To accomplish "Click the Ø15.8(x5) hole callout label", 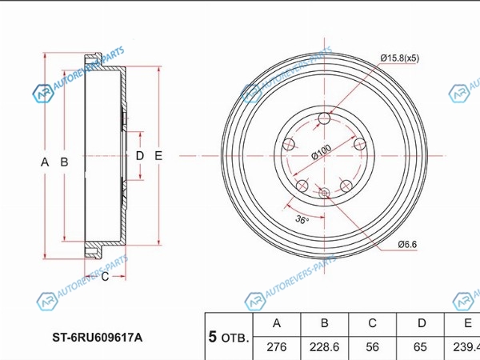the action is point(400,58).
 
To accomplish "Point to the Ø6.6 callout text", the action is point(407,244).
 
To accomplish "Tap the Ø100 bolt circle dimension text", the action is point(322,152).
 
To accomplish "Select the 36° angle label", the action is point(302,219).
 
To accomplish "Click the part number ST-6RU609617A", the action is point(98,338).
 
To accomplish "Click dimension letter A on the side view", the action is point(45,162).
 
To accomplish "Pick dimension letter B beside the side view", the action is point(64,162).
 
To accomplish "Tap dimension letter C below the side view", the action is point(105,277).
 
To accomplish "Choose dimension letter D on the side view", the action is point(139,156).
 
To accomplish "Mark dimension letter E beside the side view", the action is point(158,156).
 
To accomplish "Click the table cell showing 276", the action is point(277,347).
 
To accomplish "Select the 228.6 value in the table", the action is point(324,347).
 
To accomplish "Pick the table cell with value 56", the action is point(372,347).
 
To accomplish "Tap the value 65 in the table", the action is point(420,347).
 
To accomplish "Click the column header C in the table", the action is point(372,323).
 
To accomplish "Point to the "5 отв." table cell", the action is point(229,337).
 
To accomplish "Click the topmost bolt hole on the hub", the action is point(324,118).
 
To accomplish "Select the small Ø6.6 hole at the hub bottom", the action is point(324,193).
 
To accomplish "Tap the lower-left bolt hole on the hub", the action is point(302,186).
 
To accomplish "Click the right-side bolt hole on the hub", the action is point(360,144).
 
